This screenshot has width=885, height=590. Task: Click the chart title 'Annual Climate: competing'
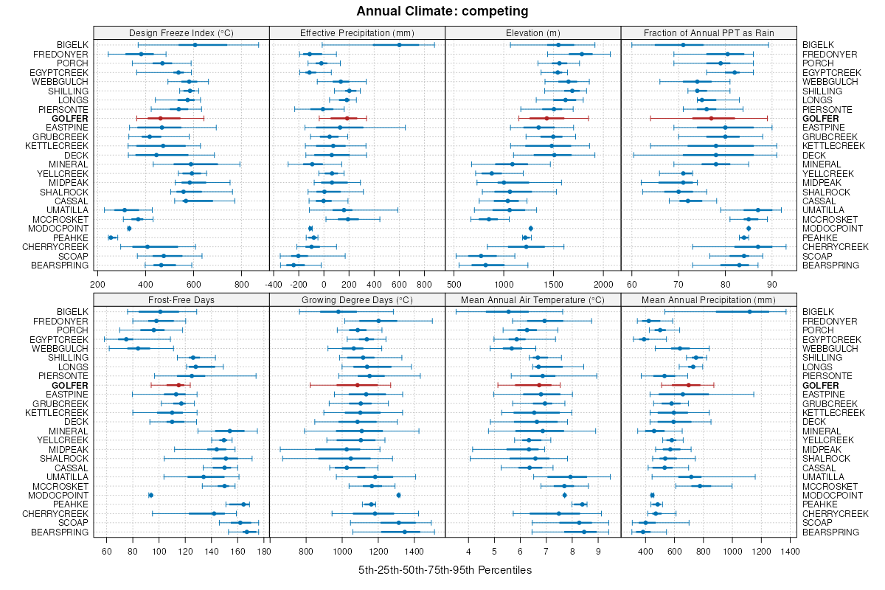point(442,11)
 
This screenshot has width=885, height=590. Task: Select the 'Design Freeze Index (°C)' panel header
point(181,32)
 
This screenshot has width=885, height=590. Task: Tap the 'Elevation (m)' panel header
point(532,32)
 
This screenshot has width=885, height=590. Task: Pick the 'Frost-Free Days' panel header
point(181,300)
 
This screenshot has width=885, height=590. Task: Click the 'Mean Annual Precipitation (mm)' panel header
point(708,300)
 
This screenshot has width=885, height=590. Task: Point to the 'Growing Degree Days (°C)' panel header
point(357,300)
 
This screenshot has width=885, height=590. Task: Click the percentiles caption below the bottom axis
point(445,570)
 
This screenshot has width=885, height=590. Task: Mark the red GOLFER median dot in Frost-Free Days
point(178,385)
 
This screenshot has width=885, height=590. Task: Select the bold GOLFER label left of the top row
point(70,119)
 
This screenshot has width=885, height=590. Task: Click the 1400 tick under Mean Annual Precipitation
point(789,551)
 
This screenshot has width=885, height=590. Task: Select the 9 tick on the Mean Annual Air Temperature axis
point(598,551)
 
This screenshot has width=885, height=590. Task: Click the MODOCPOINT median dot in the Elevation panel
point(531,229)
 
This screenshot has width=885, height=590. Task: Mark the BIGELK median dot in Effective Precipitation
point(399,45)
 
